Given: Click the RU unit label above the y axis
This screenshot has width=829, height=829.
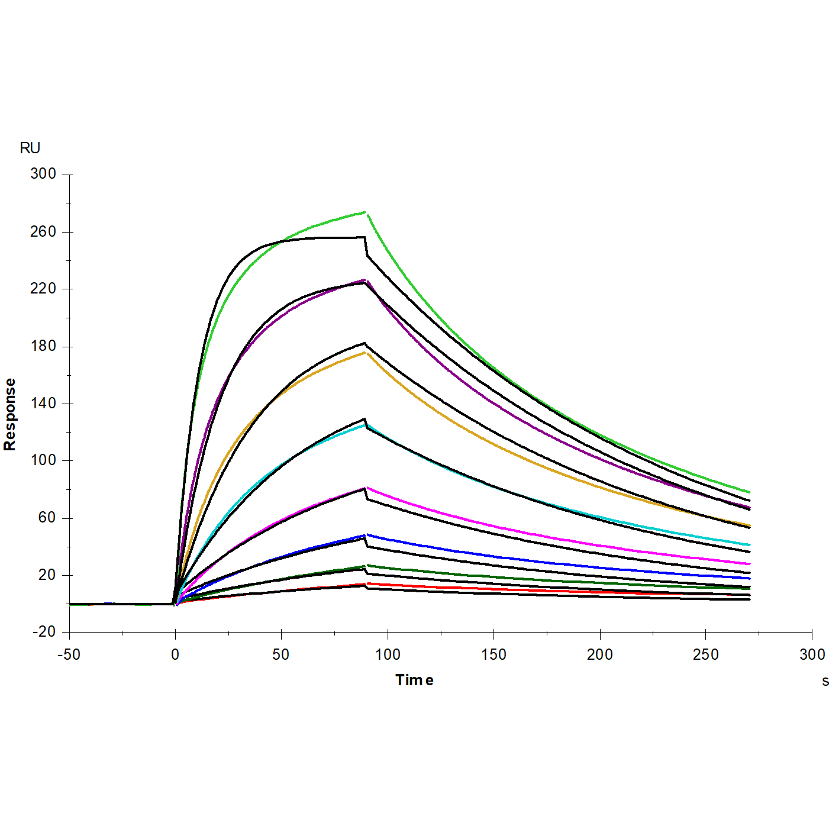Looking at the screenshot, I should tap(30, 148).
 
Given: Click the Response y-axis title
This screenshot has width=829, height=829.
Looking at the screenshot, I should tap(10, 414).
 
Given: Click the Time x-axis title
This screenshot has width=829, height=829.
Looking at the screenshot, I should tap(414, 680).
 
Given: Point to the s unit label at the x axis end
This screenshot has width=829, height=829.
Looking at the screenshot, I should tap(825, 681).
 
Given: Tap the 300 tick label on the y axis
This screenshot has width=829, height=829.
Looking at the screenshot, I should tap(43, 174).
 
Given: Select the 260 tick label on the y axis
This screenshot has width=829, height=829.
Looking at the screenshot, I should tap(43, 231).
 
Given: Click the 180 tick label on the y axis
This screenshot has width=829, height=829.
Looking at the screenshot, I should tap(43, 346).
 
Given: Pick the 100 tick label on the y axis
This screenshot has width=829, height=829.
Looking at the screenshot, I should tap(43, 460).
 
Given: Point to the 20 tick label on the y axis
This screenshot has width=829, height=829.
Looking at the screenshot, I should tap(47, 575).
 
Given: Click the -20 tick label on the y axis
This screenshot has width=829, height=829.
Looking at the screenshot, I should tap(44, 632).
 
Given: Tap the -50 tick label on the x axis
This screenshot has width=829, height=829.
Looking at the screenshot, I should tap(69, 654).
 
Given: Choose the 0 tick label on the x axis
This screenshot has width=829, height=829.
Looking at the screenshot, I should tap(175, 654).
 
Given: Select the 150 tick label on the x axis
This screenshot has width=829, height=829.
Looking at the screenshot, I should tap(493, 654).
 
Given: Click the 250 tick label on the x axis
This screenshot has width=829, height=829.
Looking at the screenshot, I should tap(705, 654).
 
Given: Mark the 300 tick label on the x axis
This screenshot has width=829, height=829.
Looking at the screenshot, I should tap(812, 654).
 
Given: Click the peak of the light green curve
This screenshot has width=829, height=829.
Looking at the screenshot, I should tap(365, 212).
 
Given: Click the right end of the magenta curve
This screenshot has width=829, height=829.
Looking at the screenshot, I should tap(749, 564).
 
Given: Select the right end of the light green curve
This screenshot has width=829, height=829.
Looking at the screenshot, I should tap(749, 492).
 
